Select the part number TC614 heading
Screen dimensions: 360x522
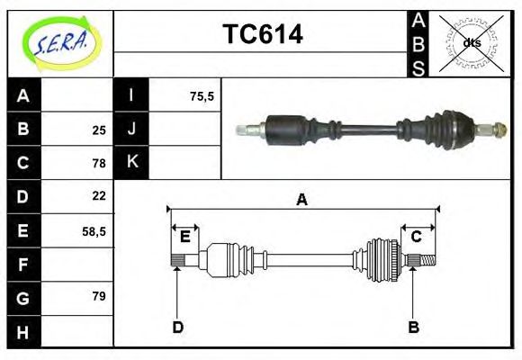pyautogui.click(x=262, y=34)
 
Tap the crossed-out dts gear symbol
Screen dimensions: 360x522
pyautogui.click(x=471, y=42)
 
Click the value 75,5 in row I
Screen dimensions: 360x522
pyautogui.click(x=202, y=96)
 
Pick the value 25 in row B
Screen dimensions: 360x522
pyautogui.click(x=99, y=130)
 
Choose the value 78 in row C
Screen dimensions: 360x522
pyautogui.click(x=99, y=163)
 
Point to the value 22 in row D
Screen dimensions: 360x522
pyautogui.click(x=99, y=196)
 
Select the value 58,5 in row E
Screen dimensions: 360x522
pyautogui.click(x=94, y=230)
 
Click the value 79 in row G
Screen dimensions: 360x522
pyautogui.click(x=99, y=296)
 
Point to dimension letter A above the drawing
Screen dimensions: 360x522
pyautogui.click(x=301, y=200)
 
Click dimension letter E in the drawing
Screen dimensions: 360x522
pyautogui.click(x=184, y=237)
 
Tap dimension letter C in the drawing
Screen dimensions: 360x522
pyautogui.click(x=417, y=237)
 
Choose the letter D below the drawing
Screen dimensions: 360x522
pyautogui.click(x=177, y=327)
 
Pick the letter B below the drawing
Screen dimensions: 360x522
pyautogui.click(x=413, y=327)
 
